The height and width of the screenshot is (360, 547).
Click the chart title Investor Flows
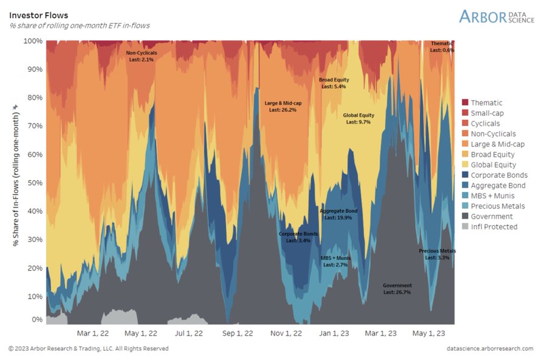tap(38, 15)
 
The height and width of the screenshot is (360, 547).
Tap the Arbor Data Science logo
tap(497, 16)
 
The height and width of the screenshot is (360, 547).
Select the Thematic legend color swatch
tap(465, 103)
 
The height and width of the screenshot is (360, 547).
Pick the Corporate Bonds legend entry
tap(498, 175)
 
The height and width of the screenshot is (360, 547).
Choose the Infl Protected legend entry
tap(494, 227)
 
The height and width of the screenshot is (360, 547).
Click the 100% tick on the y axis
tap(33, 41)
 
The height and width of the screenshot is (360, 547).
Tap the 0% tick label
tap(36, 319)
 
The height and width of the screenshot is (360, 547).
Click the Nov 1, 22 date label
tap(286, 333)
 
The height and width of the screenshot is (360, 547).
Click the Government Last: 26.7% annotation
tap(397, 289)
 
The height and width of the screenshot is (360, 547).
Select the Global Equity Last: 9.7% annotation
tap(358, 119)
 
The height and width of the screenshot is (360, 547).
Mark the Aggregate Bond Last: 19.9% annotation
tap(339, 214)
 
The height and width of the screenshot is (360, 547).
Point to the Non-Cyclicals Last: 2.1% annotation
tap(142, 57)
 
